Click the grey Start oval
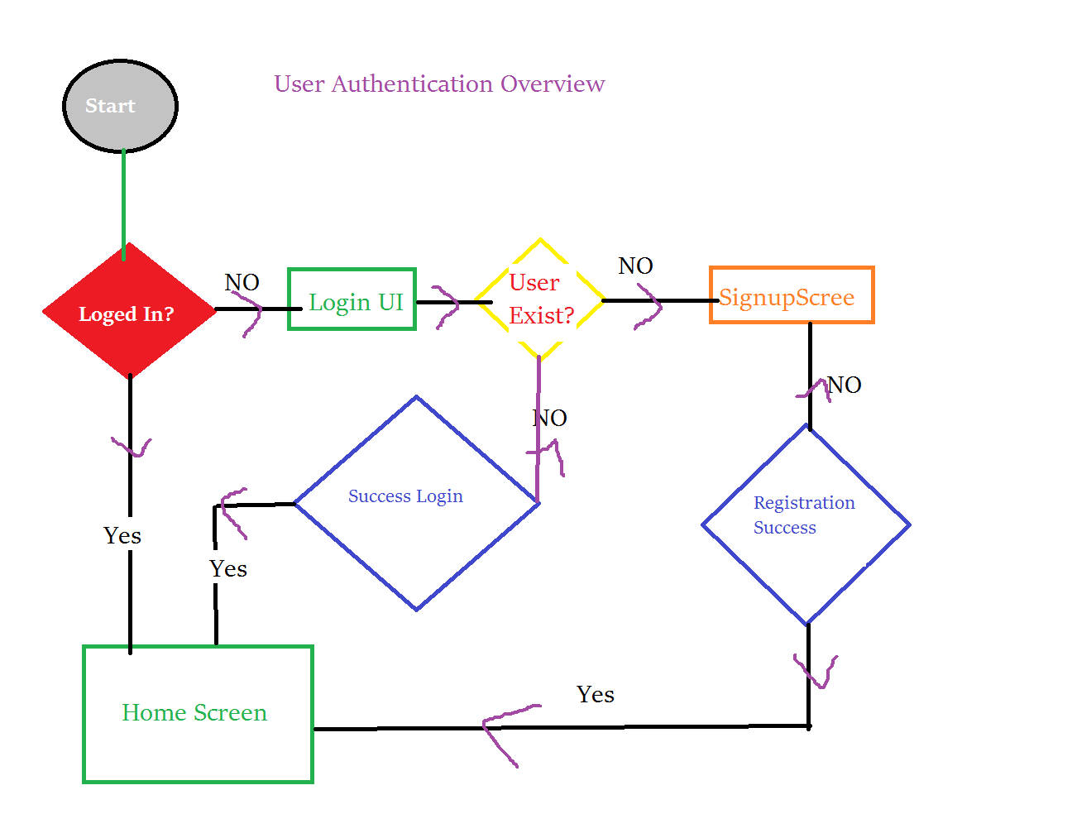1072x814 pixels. click(120, 106)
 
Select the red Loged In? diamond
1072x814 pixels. click(127, 314)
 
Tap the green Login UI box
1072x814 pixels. click(352, 300)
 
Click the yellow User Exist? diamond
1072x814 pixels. click(540, 299)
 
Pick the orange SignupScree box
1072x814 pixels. click(791, 295)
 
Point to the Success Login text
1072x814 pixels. click(405, 496)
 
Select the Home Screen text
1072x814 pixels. click(194, 713)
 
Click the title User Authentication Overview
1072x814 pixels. click(439, 84)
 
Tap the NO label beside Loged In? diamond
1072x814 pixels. click(242, 282)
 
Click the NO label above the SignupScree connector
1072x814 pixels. click(635, 266)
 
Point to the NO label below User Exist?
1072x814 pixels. click(550, 418)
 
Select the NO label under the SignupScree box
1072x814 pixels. click(845, 385)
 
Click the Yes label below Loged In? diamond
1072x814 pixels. click(122, 536)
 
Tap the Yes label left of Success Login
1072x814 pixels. click(228, 569)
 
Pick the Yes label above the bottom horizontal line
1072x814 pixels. click(596, 695)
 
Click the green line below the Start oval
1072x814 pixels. click(124, 203)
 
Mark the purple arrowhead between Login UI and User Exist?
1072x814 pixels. click(447, 306)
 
